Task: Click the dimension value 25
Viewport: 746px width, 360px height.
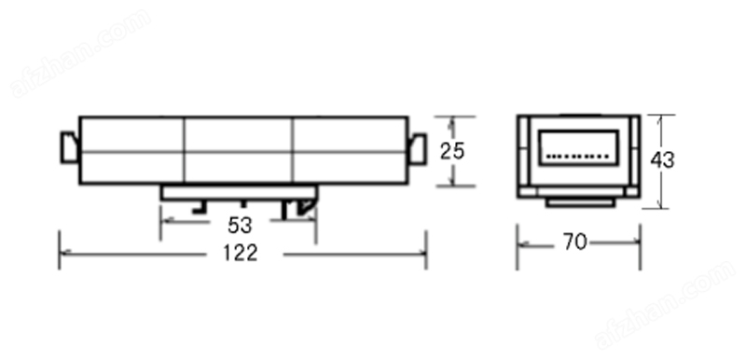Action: point(451,151)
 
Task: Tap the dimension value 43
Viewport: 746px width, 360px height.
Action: point(662,160)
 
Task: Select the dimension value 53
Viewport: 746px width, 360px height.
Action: point(240,226)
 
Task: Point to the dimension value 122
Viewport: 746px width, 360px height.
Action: point(241,253)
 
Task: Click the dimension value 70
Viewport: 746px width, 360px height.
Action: point(575,242)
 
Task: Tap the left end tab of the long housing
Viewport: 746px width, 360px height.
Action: point(69,147)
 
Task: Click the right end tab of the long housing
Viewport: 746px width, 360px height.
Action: point(417,149)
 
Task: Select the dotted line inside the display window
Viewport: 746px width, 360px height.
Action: point(577,156)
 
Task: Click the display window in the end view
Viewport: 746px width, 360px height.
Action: point(578,147)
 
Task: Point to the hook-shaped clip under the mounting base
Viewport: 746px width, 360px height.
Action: point(305,205)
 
